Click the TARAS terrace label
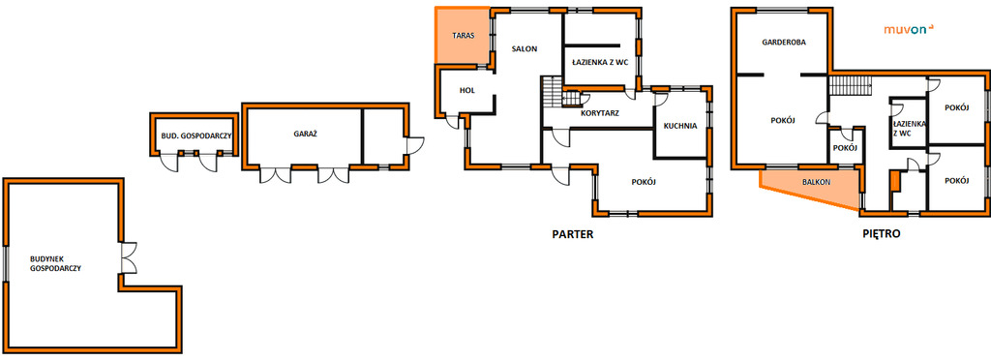click(x=463, y=36)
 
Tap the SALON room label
click(x=525, y=48)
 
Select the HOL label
click(x=467, y=90)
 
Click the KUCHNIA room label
click(x=680, y=126)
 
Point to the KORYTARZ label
click(x=599, y=113)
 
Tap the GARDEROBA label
click(x=784, y=43)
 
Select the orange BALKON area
click(x=812, y=188)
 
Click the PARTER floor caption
click(x=573, y=233)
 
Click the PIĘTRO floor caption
click(x=882, y=233)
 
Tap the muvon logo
click(x=909, y=29)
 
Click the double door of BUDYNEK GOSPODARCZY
click(x=129, y=257)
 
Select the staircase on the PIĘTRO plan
click(x=850, y=85)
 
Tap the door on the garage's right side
click(x=415, y=145)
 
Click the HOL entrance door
click(x=453, y=121)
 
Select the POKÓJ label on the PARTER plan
click(x=644, y=182)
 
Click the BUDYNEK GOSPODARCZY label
click(x=55, y=263)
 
